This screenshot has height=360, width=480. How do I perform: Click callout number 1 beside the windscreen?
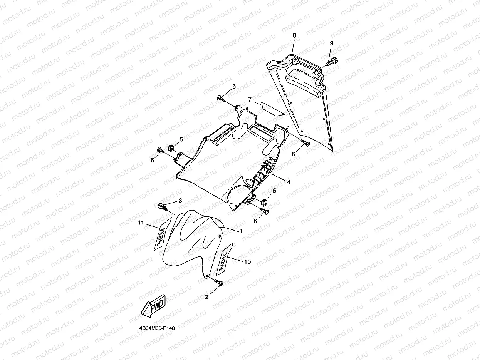pos(241,231)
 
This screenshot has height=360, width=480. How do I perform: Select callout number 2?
pos(207,297)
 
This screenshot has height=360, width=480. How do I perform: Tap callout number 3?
pos(180,201)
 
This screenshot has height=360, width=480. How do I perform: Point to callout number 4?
pos(288,182)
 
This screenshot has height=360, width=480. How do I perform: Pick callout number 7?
pos(250,100)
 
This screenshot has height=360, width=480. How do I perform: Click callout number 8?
pos(294,35)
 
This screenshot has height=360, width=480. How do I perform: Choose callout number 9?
pos(331,43)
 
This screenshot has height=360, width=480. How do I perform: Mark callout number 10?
pos(248,262)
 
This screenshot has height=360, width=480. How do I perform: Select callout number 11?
pos(141,223)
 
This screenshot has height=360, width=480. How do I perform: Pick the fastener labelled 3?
pos(163,207)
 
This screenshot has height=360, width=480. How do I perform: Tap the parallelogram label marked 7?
pos(272,108)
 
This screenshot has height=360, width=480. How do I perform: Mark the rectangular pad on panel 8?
pos(304,82)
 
